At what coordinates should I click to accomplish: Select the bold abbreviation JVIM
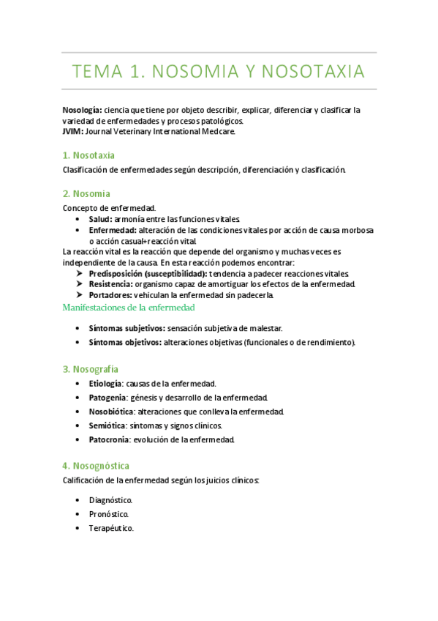point(73,133)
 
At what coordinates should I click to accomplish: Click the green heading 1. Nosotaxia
point(89,155)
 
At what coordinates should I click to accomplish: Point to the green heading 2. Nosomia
point(86,193)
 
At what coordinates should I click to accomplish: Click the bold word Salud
point(99,219)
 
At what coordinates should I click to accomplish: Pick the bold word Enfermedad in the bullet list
point(111,230)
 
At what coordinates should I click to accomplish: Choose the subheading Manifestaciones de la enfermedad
point(128,308)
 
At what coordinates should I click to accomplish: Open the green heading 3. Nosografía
point(91,368)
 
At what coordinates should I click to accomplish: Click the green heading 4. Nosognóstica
point(97,465)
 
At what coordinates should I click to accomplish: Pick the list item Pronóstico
point(109,514)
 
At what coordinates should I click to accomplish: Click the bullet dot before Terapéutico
point(78,528)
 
